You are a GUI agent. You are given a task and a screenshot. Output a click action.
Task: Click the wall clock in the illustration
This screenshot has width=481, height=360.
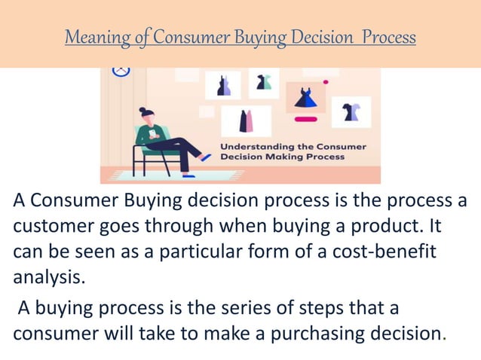pyautogui.click(x=121, y=71)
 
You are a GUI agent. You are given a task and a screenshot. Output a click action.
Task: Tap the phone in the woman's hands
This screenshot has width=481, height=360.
pyautogui.click(x=152, y=134)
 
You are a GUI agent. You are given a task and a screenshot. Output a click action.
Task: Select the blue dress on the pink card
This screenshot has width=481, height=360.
pyautogui.click(x=306, y=97)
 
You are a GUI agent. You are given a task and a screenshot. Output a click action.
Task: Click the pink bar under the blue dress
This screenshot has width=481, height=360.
pyautogui.click(x=305, y=119)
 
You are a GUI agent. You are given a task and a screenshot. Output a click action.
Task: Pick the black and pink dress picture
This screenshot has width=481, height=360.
pyautogui.click(x=246, y=121)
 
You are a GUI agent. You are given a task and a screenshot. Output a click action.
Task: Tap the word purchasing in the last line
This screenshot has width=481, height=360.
pyautogui.click(x=276, y=332)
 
